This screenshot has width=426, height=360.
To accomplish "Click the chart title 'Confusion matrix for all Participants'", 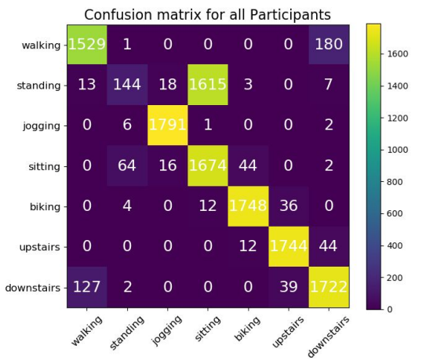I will click(x=207, y=15).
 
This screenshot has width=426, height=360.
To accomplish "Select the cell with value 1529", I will click(x=86, y=44).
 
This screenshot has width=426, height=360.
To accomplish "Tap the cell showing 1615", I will click(x=207, y=85).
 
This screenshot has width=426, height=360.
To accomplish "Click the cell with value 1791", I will click(x=167, y=125).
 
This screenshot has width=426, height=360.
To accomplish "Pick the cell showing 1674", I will click(x=207, y=166).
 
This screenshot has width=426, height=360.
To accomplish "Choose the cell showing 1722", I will click(x=329, y=288).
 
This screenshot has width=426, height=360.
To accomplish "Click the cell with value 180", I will click(x=329, y=44).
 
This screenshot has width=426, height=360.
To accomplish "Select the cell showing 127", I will click(x=86, y=288).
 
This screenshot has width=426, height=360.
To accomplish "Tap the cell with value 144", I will click(x=126, y=85).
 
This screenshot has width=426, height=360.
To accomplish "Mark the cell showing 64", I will click(x=126, y=166).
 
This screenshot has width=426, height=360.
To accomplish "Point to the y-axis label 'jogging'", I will click(x=41, y=125).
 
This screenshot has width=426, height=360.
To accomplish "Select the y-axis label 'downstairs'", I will click(x=31, y=288).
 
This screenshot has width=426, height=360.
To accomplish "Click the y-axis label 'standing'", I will click(x=38, y=85).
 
